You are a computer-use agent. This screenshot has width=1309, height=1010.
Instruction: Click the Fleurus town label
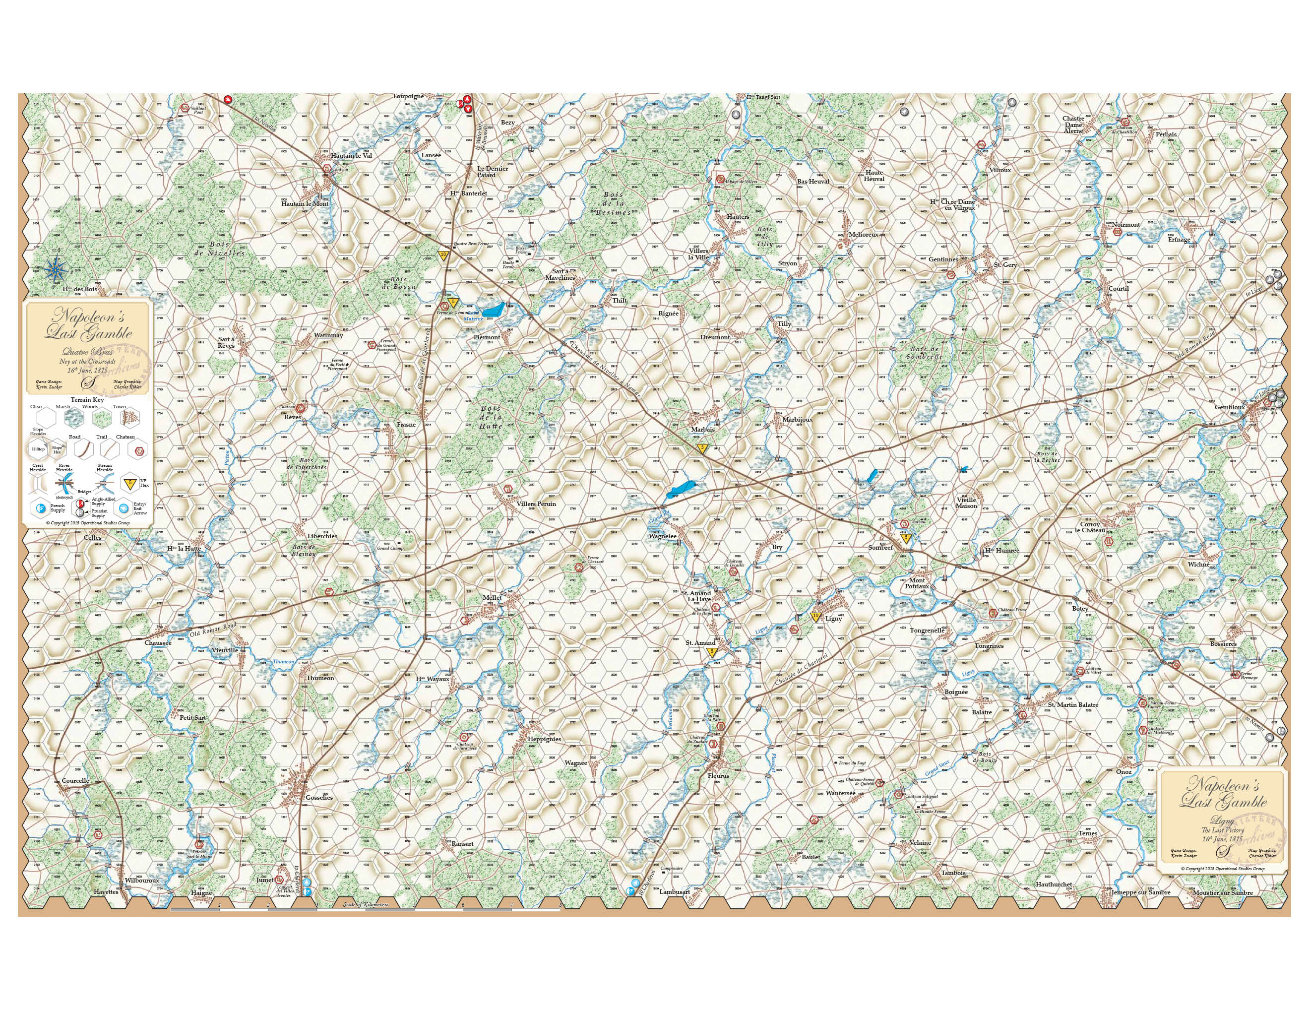tap(718, 776)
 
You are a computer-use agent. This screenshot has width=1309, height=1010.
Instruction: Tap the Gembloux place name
tap(1229, 407)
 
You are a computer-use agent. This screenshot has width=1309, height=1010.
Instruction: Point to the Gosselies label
tap(318, 797)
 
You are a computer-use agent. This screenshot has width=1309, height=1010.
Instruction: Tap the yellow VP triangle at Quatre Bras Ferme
tap(443, 255)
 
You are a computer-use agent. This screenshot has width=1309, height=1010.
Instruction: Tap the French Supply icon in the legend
tap(41, 507)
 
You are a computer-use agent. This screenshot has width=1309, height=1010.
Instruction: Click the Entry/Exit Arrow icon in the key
tap(124, 507)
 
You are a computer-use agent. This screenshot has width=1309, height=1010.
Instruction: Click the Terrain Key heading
tap(87, 399)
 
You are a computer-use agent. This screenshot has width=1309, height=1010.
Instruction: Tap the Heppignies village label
tap(544, 739)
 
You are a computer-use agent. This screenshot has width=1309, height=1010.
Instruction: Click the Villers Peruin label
tap(536, 504)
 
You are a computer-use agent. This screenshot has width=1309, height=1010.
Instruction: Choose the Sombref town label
tap(880, 547)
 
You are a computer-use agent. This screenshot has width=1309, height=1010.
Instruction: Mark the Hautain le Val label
tap(351, 155)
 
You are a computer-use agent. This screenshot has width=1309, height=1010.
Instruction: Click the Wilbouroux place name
tap(142, 881)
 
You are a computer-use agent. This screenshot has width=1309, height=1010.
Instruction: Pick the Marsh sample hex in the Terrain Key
tap(63, 418)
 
